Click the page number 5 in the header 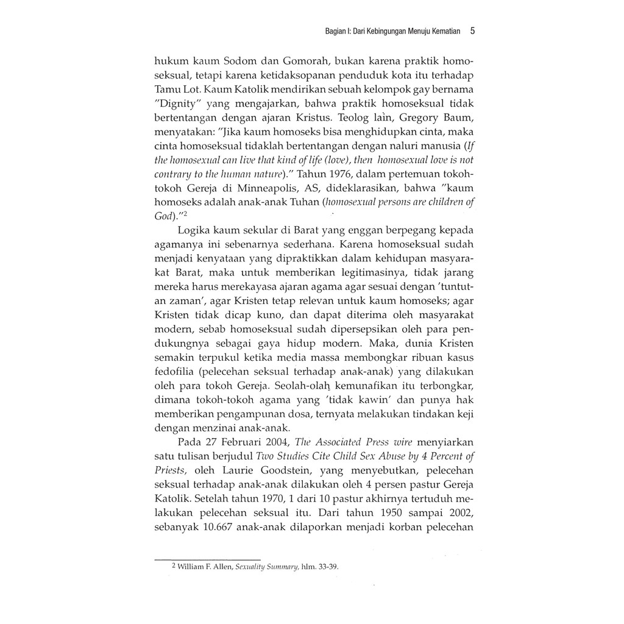click(x=472, y=30)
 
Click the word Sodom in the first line click(x=226, y=62)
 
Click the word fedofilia click(x=176, y=371)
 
